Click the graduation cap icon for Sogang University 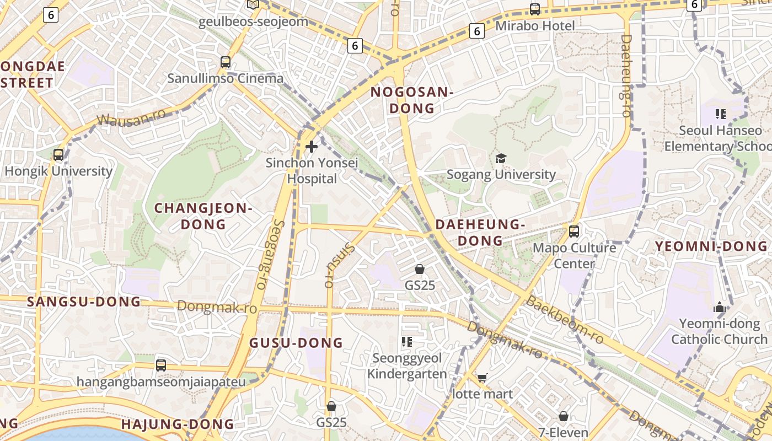[501, 159]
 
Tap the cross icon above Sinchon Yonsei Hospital [312, 147]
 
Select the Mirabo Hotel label [535, 26]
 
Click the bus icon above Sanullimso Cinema [225, 62]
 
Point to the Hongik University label [58, 171]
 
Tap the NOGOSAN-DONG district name [412, 100]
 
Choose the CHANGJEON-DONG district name [203, 216]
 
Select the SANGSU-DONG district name [84, 302]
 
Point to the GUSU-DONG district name [297, 343]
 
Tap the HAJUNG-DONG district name [178, 424]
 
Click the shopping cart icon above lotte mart [482, 378]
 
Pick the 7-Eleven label [563, 433]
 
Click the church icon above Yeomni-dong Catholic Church [719, 307]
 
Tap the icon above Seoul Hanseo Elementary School [720, 114]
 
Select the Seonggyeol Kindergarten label [407, 366]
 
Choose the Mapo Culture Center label [574, 255]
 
